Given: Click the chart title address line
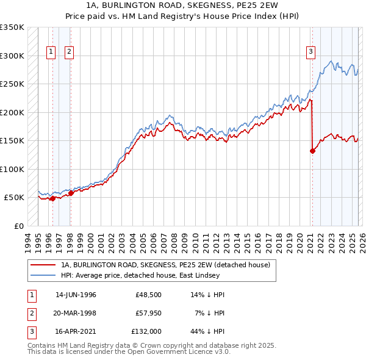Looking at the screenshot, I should pyautogui.click(x=183, y=5).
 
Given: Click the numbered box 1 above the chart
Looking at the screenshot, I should pyautogui.click(x=51, y=52).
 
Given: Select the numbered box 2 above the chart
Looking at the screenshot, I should pyautogui.click(x=69, y=52).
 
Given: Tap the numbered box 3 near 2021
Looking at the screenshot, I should pyautogui.click(x=310, y=52).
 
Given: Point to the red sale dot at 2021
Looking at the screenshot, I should pyautogui.click(x=312, y=151).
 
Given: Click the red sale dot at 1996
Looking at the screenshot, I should pyautogui.click(x=52, y=198).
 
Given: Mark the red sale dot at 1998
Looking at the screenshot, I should pyautogui.click(x=71, y=193).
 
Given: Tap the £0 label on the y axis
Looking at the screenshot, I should pyautogui.click(x=18, y=226).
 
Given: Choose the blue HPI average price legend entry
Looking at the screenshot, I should pyautogui.click(x=152, y=275).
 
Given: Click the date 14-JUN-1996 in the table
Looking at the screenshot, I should pyautogui.click(x=76, y=295).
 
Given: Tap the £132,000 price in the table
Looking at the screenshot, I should pyautogui.click(x=146, y=331).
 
